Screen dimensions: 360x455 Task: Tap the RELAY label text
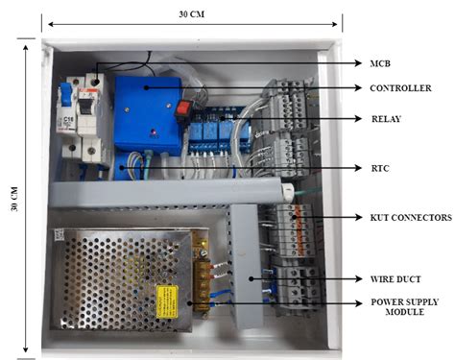pyautogui.click(x=386, y=121)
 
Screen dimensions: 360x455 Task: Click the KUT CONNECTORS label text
pyautogui.click(x=410, y=218)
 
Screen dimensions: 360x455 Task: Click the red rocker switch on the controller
pyautogui.click(x=183, y=108)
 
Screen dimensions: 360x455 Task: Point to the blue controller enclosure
pyautogui.click(x=144, y=110)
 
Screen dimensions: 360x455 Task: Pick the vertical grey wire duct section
pyautogui.click(x=245, y=264)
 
